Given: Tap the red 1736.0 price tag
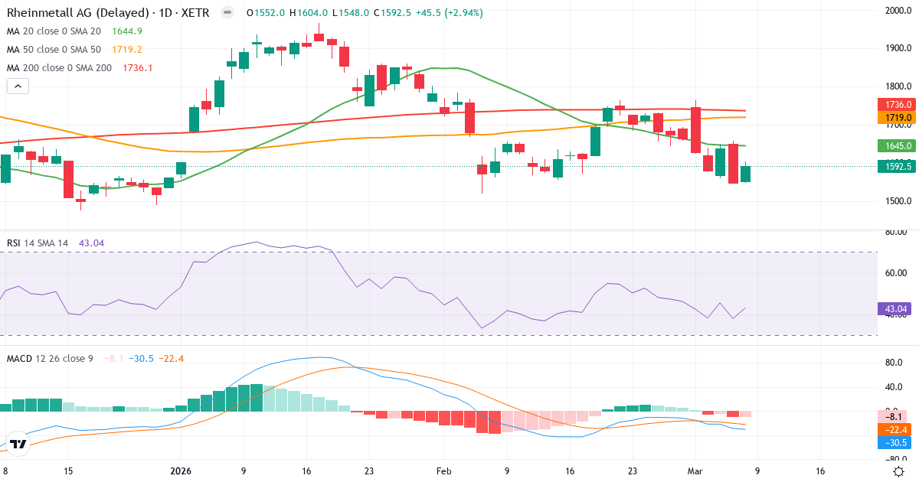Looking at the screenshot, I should (x=894, y=104).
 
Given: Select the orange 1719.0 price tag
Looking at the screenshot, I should (x=894, y=118).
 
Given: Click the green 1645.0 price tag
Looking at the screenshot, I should (x=894, y=145).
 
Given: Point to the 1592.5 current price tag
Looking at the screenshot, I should (x=894, y=166).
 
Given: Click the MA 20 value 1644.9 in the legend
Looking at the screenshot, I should (x=127, y=31).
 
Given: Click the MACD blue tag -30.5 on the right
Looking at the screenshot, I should (x=893, y=443).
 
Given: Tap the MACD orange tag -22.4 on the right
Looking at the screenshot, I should (x=893, y=429).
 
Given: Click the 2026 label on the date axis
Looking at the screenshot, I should (x=182, y=471).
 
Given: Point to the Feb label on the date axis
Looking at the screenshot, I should (x=443, y=471).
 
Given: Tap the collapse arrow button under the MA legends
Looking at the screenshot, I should (x=18, y=86).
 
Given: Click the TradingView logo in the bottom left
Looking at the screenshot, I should (x=18, y=444).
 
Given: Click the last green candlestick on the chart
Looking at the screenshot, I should (x=745, y=174).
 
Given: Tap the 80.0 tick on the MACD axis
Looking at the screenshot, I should (x=893, y=363).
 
